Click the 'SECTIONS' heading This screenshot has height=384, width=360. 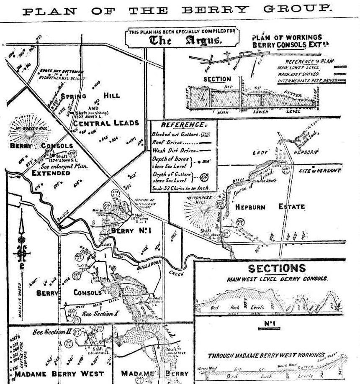277,268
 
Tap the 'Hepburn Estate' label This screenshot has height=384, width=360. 270,207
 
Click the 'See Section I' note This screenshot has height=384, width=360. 97,313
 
